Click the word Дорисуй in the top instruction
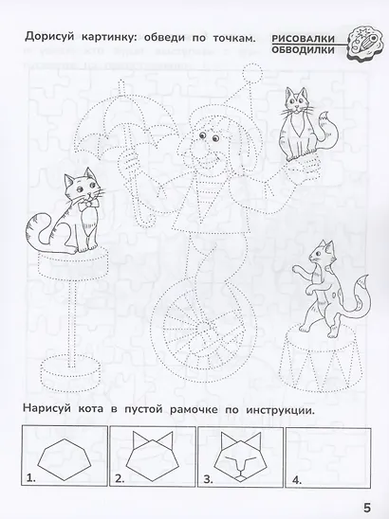pos(41,38)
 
